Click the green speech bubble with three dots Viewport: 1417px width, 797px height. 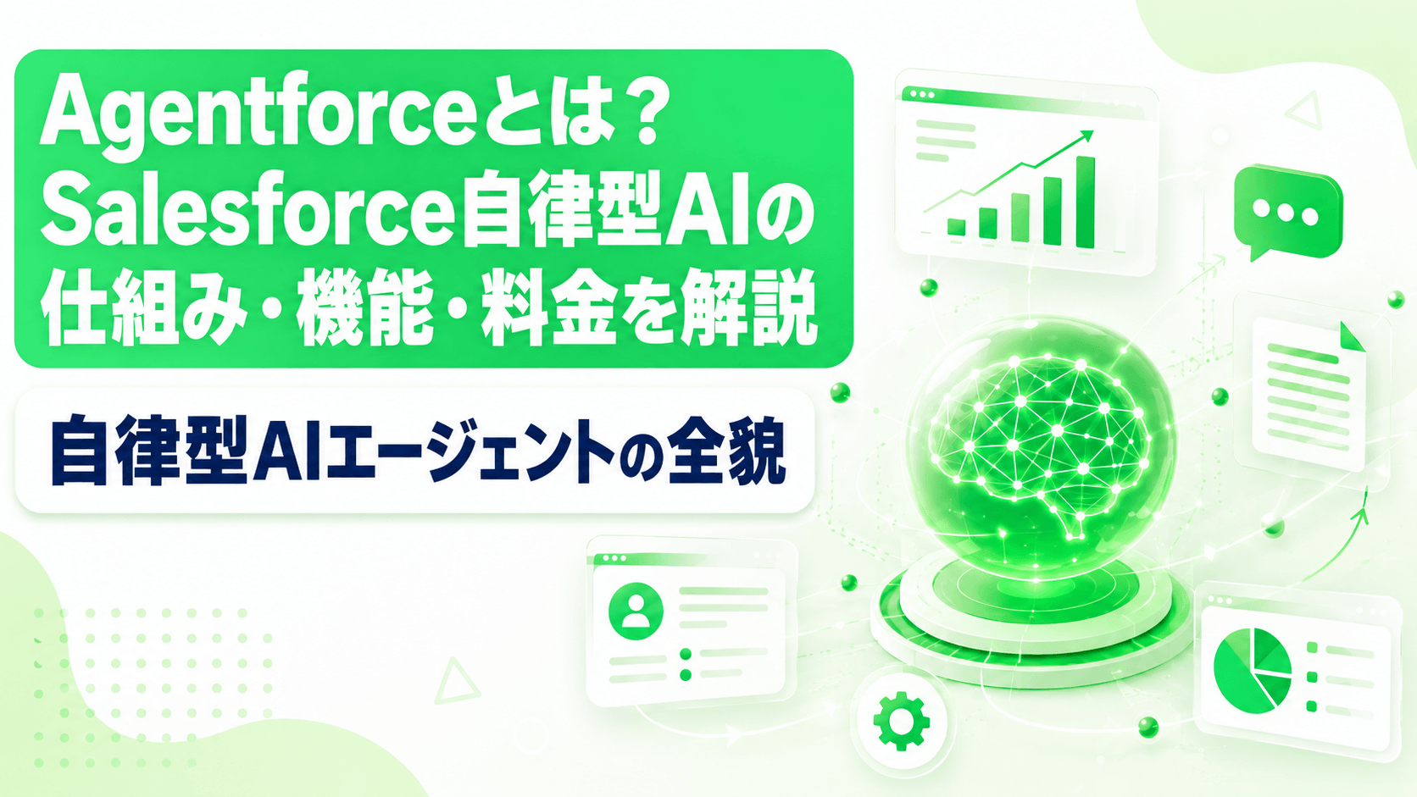pyautogui.click(x=1288, y=212)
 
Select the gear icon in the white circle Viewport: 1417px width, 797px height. pyautogui.click(x=902, y=721)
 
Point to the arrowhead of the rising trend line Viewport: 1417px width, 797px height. pyautogui.click(x=1087, y=136)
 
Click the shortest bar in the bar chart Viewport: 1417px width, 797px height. pyautogui.click(x=956, y=227)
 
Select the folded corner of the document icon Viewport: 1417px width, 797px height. pyautogui.click(x=1353, y=336)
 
